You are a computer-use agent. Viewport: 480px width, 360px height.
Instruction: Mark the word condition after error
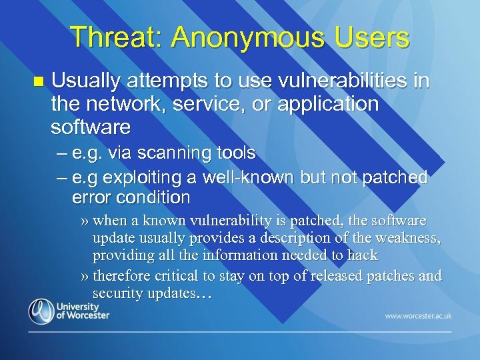tap(154, 198)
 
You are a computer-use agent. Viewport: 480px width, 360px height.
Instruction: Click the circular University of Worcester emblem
tap(41, 311)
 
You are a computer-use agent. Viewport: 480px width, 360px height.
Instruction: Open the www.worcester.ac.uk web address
tap(417, 315)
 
